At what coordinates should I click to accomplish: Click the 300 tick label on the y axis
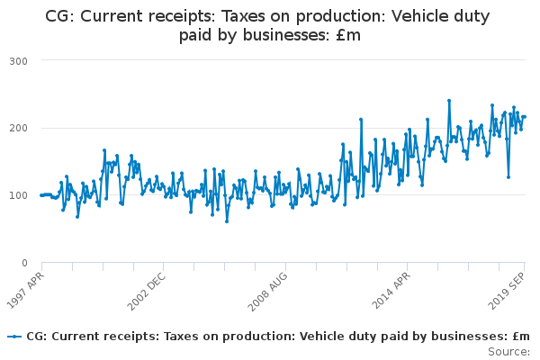18,60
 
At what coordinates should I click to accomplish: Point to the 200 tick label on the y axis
18,128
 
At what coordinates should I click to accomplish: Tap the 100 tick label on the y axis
18,195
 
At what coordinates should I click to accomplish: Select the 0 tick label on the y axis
24,263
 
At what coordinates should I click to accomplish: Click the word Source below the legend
508,350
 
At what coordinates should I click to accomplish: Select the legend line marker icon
13,336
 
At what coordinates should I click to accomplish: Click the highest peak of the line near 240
448,101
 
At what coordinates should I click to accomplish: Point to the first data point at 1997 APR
41,194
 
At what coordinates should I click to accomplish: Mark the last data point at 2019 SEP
525,117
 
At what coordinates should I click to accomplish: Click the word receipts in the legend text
125,336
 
